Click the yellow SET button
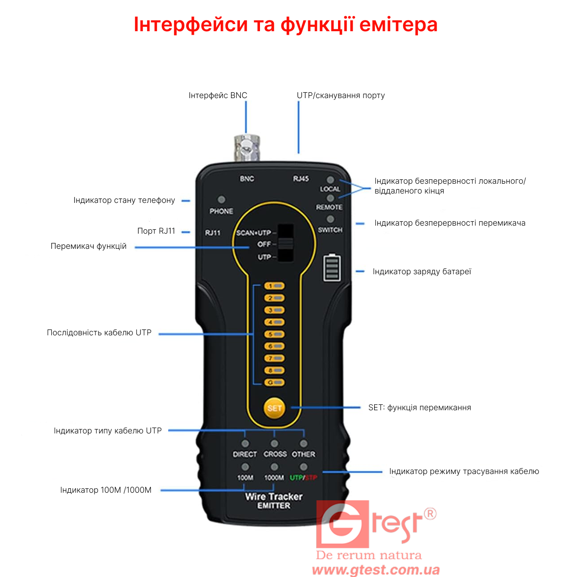(274, 408)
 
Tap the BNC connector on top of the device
(247, 148)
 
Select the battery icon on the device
(332, 268)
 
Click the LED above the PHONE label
(222, 200)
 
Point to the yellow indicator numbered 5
(274, 334)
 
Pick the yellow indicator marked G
(274, 383)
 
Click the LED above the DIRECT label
(245, 444)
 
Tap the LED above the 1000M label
(274, 467)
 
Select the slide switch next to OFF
(285, 243)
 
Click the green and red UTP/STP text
(303, 477)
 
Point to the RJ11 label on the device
(213, 233)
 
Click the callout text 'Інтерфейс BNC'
(218, 95)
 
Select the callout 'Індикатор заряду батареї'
(422, 272)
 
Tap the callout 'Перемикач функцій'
(88, 246)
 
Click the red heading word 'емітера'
(398, 25)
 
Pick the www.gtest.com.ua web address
(376, 569)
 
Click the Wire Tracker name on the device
(274, 496)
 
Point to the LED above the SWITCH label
(330, 219)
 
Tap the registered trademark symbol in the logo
(430, 514)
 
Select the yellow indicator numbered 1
(274, 286)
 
